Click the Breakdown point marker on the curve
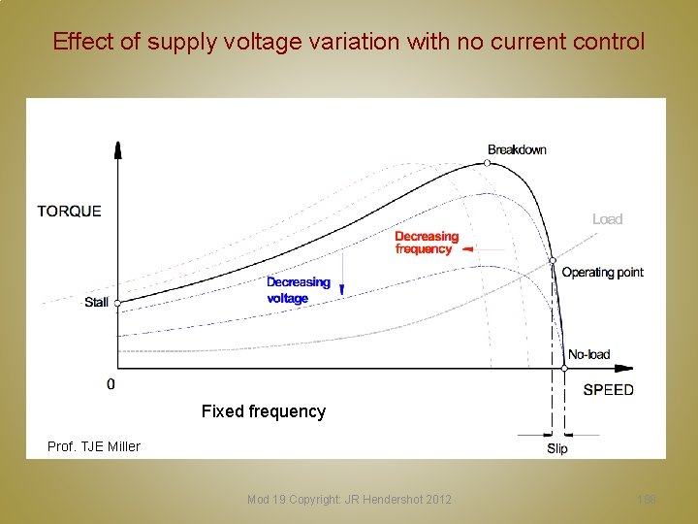pyautogui.click(x=488, y=163)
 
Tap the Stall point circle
pyautogui.click(x=118, y=304)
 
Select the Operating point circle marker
pyautogui.click(x=552, y=260)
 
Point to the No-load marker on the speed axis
pyautogui.click(x=564, y=368)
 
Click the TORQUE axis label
pyautogui.click(x=69, y=211)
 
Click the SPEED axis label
pyautogui.click(x=608, y=390)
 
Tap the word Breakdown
pyautogui.click(x=517, y=149)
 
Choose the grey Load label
pyautogui.click(x=607, y=219)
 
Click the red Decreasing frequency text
pyautogui.click(x=427, y=243)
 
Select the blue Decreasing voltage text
pyautogui.click(x=299, y=290)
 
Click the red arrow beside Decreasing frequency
pyautogui.click(x=467, y=249)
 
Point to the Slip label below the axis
pyautogui.click(x=557, y=448)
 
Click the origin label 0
pyautogui.click(x=111, y=384)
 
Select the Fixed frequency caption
pyautogui.click(x=264, y=411)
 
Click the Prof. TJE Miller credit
pyautogui.click(x=94, y=446)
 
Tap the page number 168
pyautogui.click(x=647, y=499)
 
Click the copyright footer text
pyautogui.click(x=349, y=499)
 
